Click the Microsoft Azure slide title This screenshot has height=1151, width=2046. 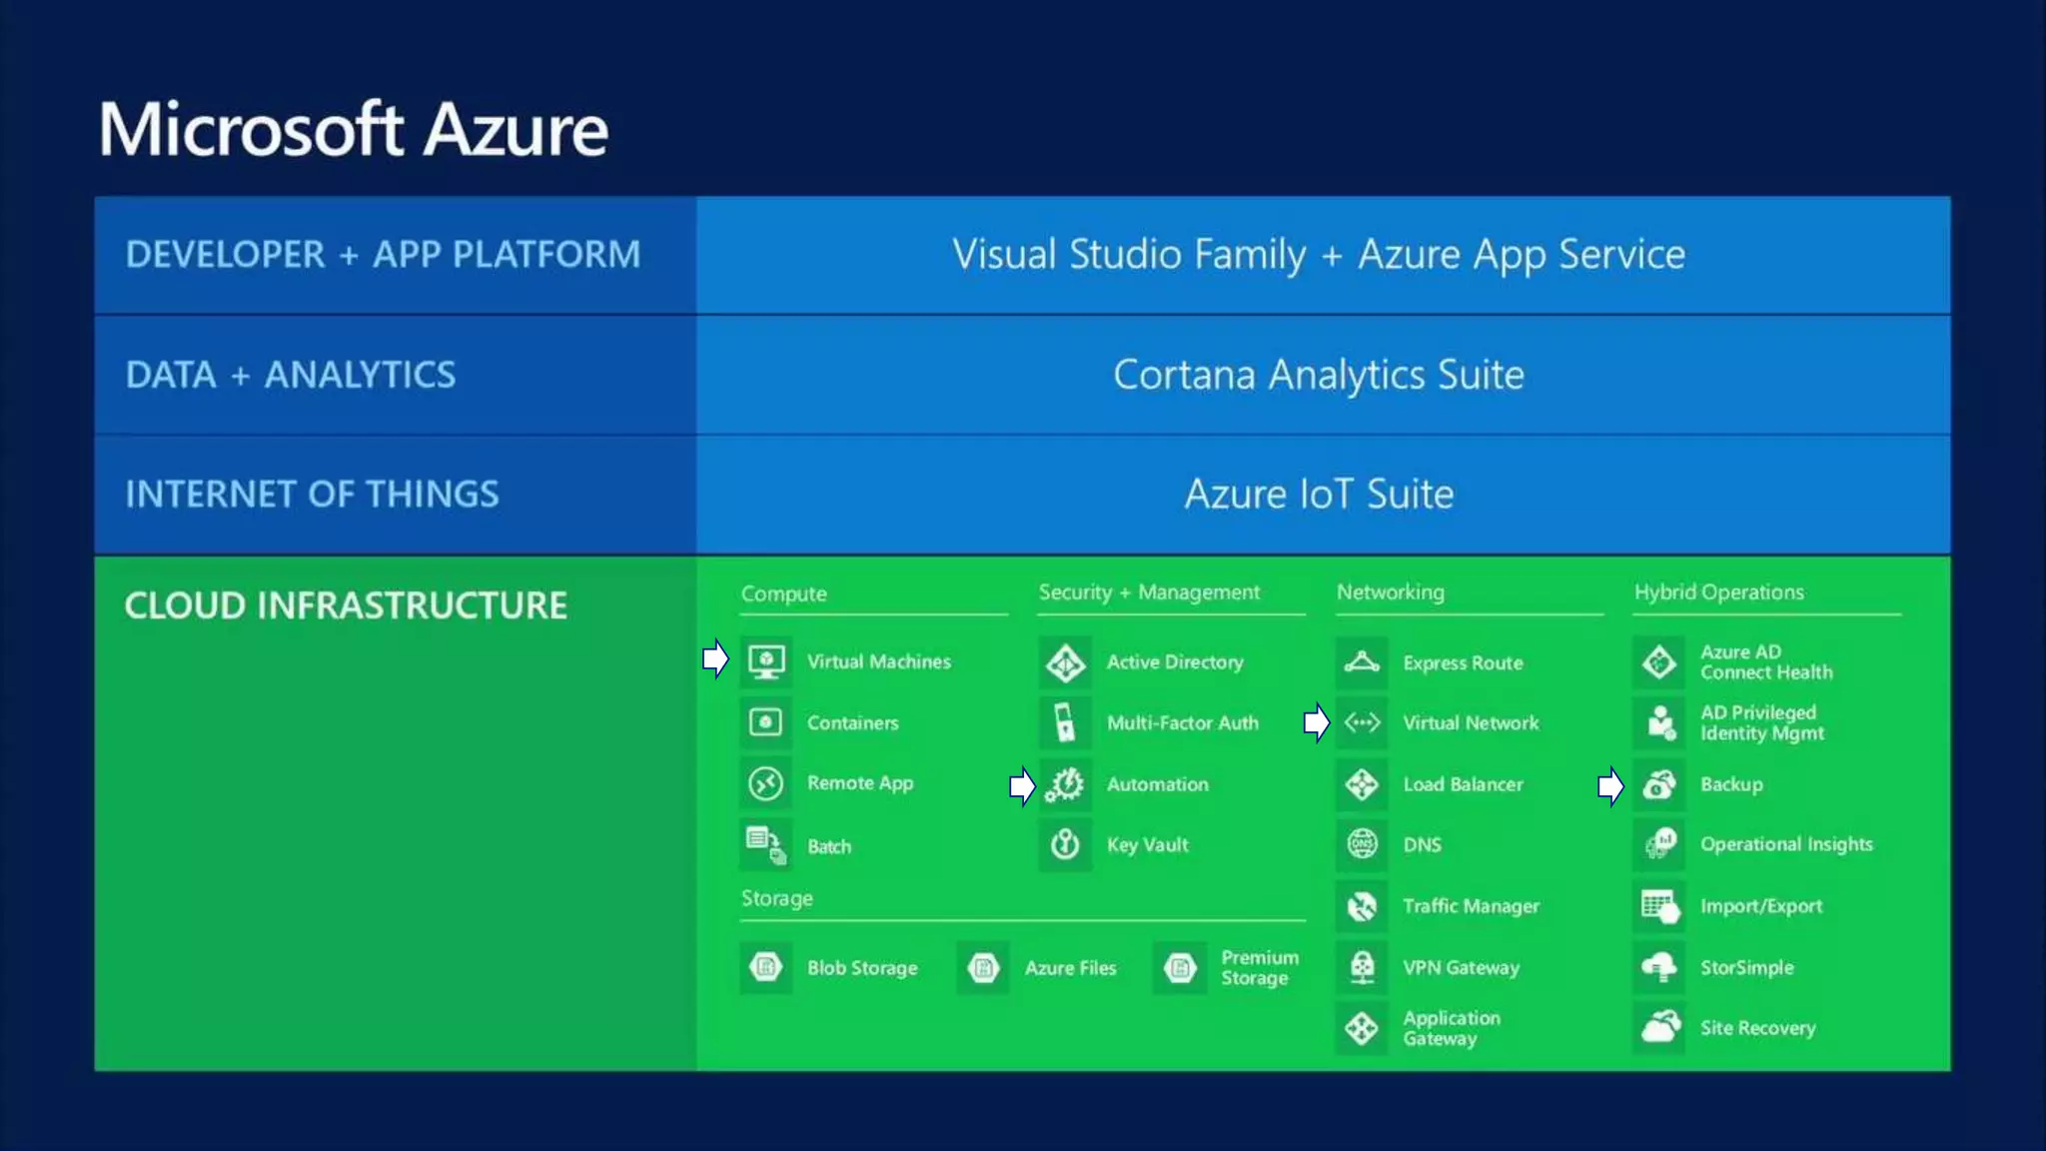[353, 130]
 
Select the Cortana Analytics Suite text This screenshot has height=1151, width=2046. [1319, 376]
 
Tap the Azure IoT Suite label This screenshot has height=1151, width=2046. [1319, 495]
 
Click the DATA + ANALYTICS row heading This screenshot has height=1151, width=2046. [290, 376]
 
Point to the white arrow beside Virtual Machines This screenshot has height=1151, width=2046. [715, 659]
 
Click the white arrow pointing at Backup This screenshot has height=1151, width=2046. [1610, 786]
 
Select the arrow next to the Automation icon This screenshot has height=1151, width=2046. [1022, 786]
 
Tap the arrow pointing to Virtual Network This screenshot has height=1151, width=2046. [1317, 722]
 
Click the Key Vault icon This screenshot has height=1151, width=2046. [1065, 845]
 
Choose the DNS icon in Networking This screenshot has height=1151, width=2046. [1362, 845]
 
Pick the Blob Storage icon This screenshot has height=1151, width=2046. [766, 967]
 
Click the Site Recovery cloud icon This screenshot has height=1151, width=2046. [1660, 1027]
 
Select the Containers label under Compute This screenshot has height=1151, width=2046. [852, 723]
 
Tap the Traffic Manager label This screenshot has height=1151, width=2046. [1471, 906]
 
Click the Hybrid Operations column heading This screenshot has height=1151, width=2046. [1718, 592]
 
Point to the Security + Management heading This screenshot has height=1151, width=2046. [1149, 592]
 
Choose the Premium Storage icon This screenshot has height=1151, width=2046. [1180, 967]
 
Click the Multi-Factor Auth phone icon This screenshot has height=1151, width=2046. [1065, 722]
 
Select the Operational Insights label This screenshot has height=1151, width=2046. [1786, 845]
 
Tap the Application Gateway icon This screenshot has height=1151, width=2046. [1362, 1028]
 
